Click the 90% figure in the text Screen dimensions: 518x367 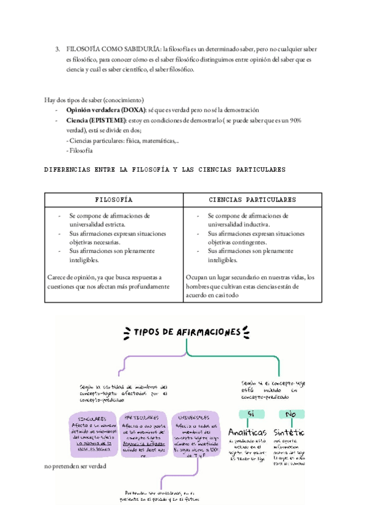tap(295, 120)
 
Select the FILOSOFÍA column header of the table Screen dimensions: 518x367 tap(114, 200)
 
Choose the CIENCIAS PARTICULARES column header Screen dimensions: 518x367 tap(253, 200)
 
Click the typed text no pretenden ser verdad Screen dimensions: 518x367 tap(75, 467)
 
